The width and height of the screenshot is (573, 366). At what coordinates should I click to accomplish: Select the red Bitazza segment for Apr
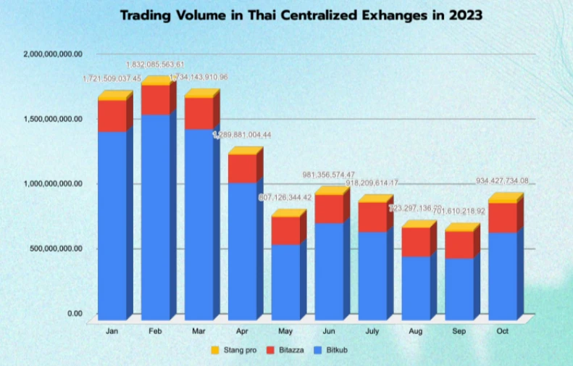click(x=242, y=168)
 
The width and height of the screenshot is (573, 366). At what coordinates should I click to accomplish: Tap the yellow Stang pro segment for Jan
click(x=112, y=96)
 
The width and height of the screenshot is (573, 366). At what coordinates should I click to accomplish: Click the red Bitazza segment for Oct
click(x=503, y=217)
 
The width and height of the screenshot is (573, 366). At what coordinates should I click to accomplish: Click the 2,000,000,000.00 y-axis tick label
click(x=53, y=54)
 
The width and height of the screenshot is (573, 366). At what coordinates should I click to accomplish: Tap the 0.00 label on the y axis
click(x=75, y=313)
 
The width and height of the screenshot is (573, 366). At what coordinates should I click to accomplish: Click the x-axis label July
click(x=373, y=331)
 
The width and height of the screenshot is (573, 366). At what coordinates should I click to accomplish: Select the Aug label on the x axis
click(x=417, y=331)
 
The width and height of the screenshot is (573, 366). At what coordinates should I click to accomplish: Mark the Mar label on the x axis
click(x=199, y=331)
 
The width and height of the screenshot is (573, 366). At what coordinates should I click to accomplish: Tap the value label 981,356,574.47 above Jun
click(x=329, y=175)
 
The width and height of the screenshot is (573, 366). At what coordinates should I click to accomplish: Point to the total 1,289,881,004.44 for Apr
click(x=242, y=135)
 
